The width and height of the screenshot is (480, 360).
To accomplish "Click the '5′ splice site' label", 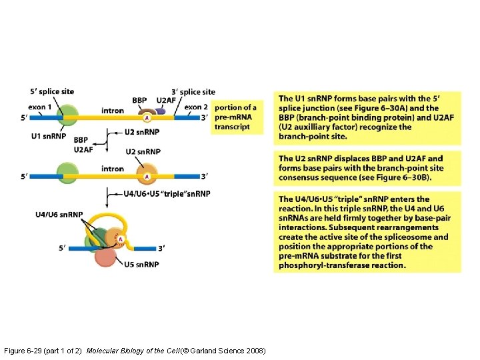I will coord(51,91).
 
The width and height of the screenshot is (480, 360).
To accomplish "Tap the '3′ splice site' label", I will coord(193,91).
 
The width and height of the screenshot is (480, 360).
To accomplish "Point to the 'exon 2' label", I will coord(196,107).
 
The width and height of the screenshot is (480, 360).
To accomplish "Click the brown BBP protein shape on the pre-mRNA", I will coord(147,113).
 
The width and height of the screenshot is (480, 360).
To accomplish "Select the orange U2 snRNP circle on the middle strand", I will coord(147,176).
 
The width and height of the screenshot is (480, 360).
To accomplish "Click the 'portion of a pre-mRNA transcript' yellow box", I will coord(235,117).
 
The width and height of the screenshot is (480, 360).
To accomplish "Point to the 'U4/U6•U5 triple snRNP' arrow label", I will coord(167,194).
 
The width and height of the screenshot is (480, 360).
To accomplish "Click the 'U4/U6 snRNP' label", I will coord(59,215).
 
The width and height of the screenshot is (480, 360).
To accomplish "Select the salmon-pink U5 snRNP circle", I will coord(105,257).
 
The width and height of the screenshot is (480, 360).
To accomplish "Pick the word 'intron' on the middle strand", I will coord(113,169).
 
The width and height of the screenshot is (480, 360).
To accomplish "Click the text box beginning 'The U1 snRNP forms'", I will coord(369,117).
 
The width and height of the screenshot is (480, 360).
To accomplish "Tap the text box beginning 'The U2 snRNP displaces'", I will coord(369,168).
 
